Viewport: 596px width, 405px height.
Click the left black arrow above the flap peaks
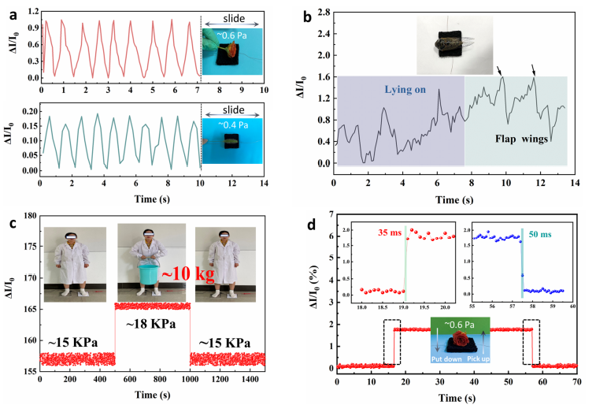(498, 69)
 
